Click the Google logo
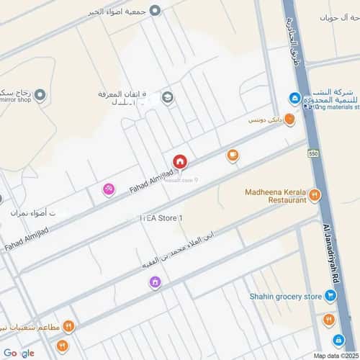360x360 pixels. (18, 353)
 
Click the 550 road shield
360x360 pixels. (312, 153)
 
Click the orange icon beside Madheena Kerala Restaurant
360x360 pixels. (314, 195)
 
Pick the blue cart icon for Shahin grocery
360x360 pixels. (330, 294)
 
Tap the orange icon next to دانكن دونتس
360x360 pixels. (289, 120)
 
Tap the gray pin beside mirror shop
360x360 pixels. (41, 95)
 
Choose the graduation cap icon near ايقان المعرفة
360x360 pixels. (168, 98)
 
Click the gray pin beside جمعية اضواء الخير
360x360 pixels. (155, 10)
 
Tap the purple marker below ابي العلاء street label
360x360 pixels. (154, 282)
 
